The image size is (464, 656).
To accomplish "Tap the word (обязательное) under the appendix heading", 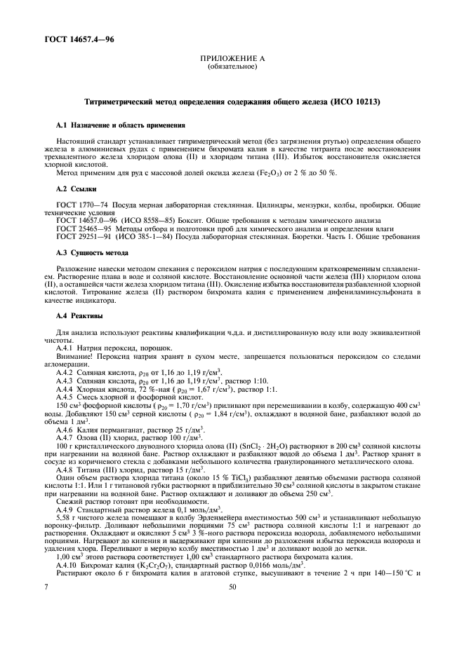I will (x=232, y=68).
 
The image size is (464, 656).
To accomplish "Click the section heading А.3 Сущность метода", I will (x=91, y=254).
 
